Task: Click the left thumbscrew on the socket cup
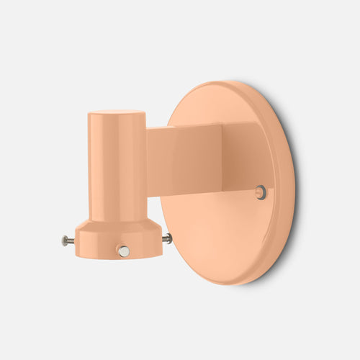[x=66, y=241]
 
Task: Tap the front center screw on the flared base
[x=124, y=251]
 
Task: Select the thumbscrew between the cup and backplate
[x=167, y=238]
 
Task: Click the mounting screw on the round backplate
[x=260, y=192]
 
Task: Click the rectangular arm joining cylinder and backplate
[x=184, y=158]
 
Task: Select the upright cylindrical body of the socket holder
[x=117, y=166]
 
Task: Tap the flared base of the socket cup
[x=119, y=238]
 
